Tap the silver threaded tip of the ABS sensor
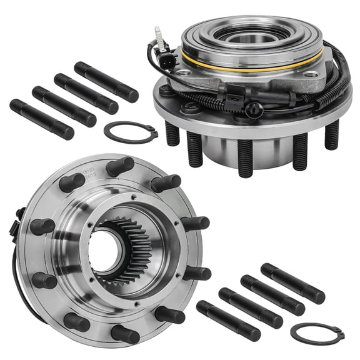159,34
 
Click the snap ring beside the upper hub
130,132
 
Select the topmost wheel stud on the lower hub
121,167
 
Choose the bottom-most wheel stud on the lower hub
125,334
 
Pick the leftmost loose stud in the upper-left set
41,119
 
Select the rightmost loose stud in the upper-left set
106,82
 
